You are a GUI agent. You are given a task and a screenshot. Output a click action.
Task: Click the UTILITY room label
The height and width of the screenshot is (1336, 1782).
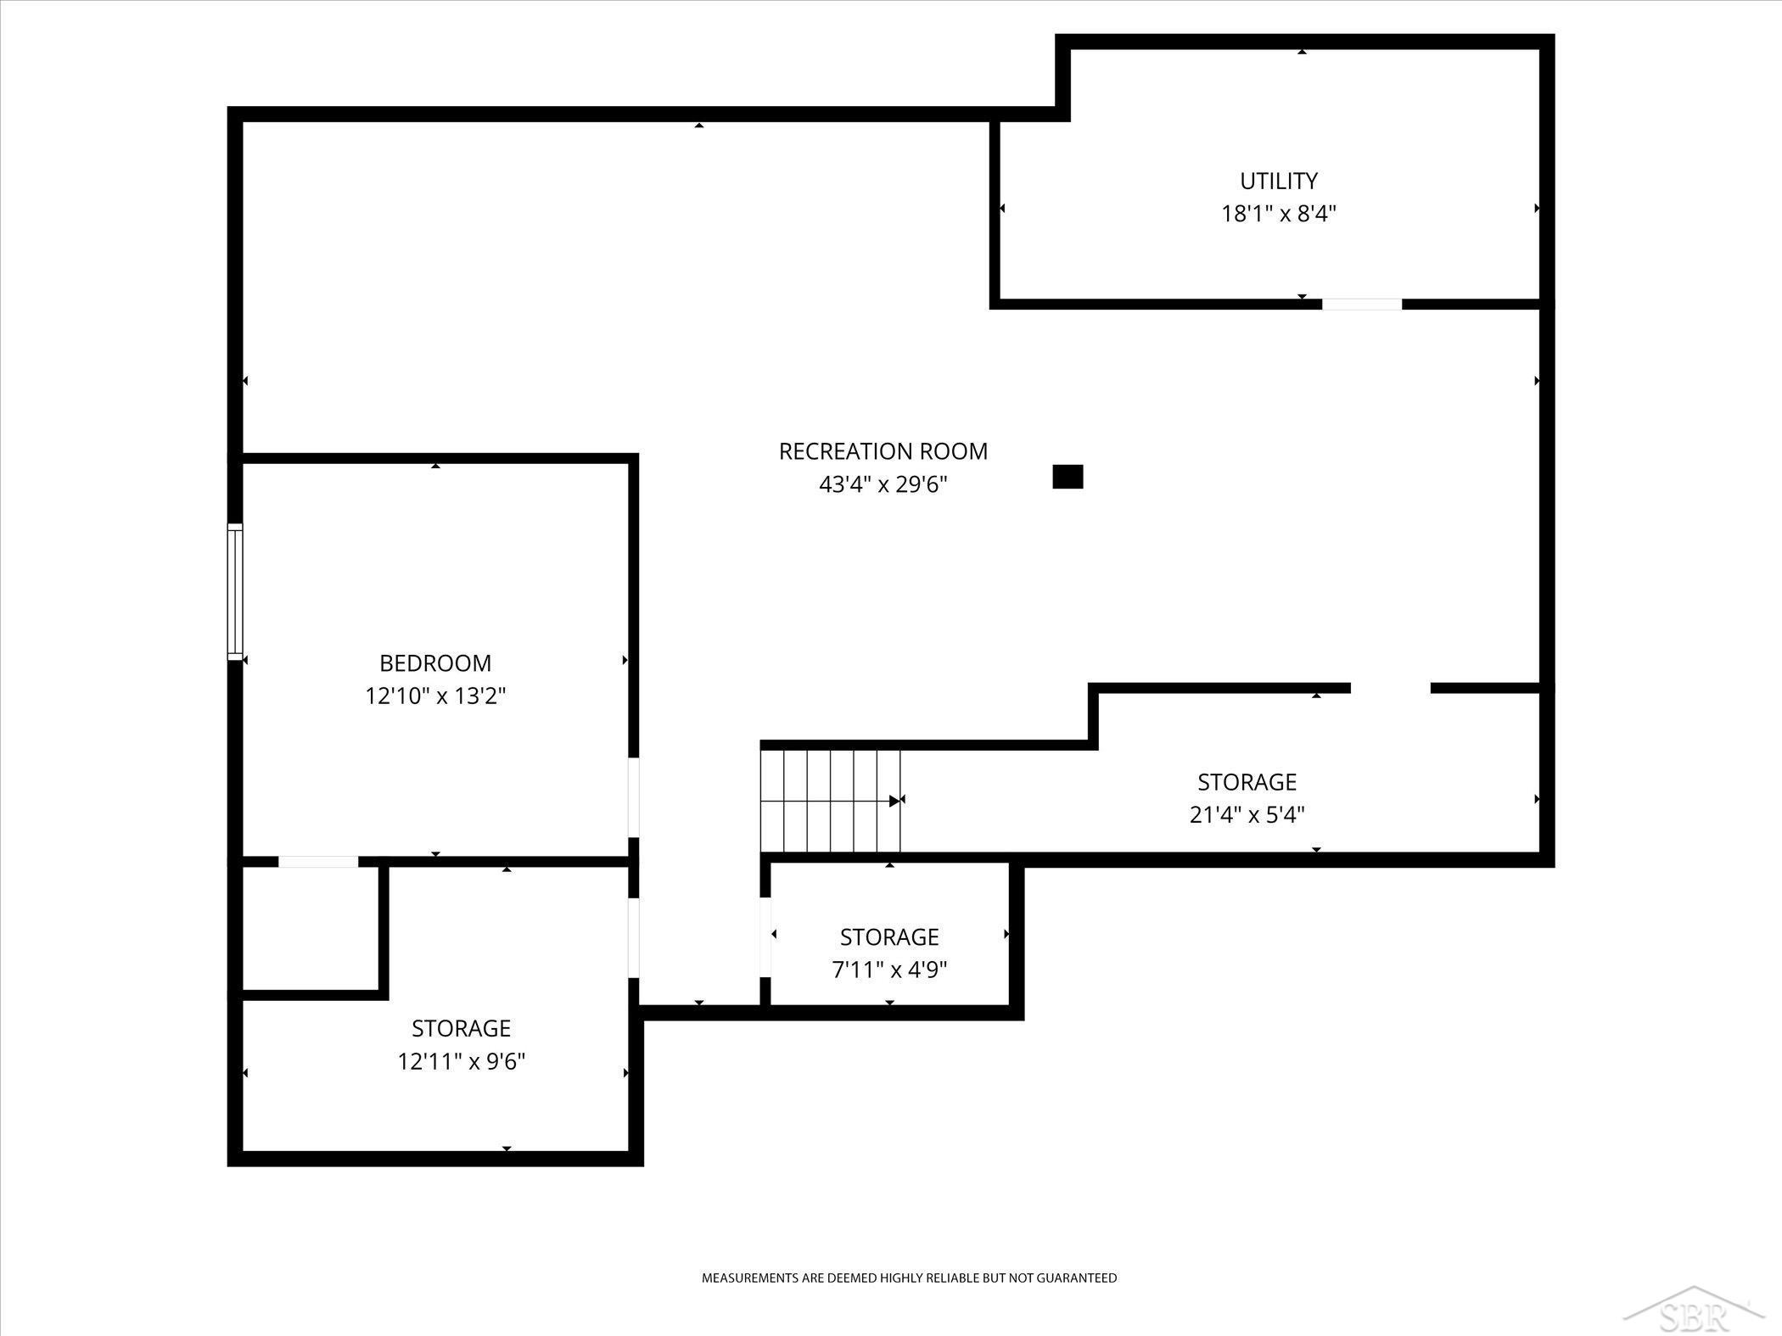point(1279,181)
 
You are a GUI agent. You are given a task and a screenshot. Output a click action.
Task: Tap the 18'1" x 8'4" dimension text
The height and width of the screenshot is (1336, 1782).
point(1279,214)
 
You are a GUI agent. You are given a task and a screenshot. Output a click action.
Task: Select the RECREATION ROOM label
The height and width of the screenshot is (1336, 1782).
point(883,451)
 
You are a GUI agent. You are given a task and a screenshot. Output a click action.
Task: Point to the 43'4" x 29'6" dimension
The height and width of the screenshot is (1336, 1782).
point(883,484)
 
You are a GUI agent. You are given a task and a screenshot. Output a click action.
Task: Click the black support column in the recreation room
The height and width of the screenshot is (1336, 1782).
point(1068,477)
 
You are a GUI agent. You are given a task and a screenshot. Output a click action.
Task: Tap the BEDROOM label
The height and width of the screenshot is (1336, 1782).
point(435,662)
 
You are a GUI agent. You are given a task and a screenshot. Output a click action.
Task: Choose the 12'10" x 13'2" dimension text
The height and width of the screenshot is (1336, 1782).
point(435,696)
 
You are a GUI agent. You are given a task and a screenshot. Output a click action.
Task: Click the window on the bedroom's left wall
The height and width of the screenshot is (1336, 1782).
point(235,591)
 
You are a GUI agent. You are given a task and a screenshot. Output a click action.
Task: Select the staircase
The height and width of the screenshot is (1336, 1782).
point(830,800)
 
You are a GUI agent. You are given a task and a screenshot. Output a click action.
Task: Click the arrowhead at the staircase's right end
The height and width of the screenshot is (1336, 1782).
point(894,801)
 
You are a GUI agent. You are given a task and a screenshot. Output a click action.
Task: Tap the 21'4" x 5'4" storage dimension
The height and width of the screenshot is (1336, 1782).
point(1247,815)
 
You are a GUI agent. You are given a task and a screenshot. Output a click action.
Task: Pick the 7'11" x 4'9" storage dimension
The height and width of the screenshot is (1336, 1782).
point(889,970)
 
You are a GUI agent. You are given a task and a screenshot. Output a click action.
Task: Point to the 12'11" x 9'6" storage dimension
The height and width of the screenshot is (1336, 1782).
point(462,1062)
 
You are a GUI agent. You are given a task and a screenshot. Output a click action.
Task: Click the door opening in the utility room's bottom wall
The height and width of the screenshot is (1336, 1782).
point(1362,305)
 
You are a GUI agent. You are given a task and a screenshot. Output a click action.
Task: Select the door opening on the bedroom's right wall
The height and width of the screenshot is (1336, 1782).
point(633,797)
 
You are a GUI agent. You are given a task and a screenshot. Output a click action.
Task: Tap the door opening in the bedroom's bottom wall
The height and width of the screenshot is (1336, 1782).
point(318,862)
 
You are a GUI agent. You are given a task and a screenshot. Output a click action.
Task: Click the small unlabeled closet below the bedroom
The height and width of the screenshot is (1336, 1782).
point(311,928)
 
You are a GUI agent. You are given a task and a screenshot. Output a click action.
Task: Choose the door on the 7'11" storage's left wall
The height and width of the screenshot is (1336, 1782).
point(765,936)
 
